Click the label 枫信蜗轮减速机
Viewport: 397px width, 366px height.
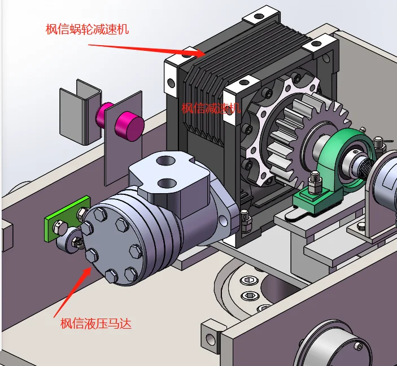[87, 29]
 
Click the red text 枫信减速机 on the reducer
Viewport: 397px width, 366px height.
[211, 108]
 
